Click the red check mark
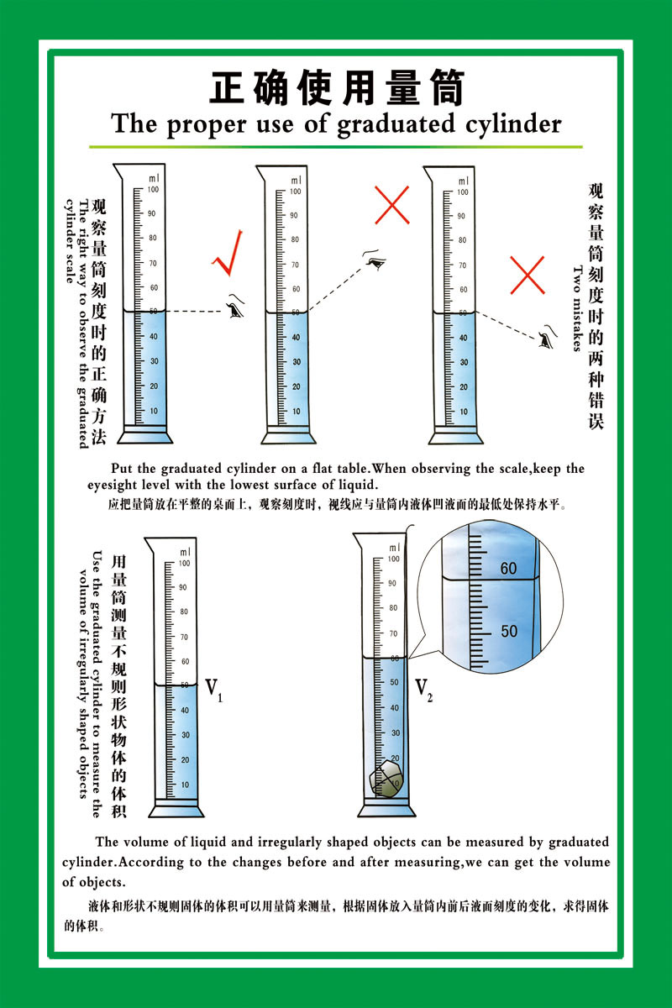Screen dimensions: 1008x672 coord(228,254)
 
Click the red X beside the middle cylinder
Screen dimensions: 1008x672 coord(391,205)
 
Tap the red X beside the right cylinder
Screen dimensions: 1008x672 coord(527,275)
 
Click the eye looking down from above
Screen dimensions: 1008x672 coord(375,260)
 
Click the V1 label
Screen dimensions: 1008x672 coord(213,690)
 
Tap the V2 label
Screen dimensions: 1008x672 coord(423,689)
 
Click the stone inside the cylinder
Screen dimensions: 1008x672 coord(386,780)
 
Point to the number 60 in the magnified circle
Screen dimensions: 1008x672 coord(508,569)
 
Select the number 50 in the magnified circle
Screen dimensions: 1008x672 coord(509,631)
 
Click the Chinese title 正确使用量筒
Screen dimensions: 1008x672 coord(336,88)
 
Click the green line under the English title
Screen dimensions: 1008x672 coord(336,146)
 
